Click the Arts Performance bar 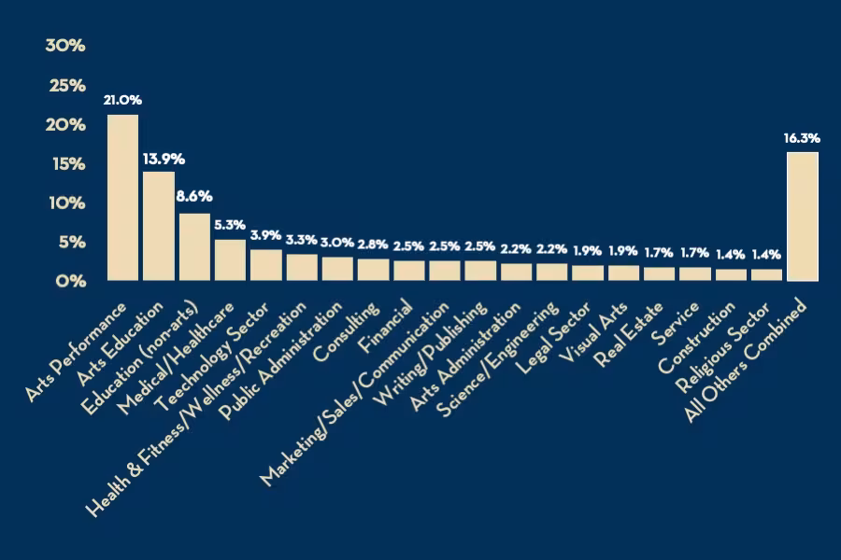click(x=122, y=197)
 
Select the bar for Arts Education click(x=158, y=225)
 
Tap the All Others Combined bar click(x=803, y=216)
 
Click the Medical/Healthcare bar click(x=230, y=259)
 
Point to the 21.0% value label click(x=122, y=100)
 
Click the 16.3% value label click(x=802, y=138)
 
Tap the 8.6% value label click(x=194, y=197)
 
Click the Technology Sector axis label click(x=215, y=353)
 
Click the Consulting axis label click(x=348, y=331)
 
